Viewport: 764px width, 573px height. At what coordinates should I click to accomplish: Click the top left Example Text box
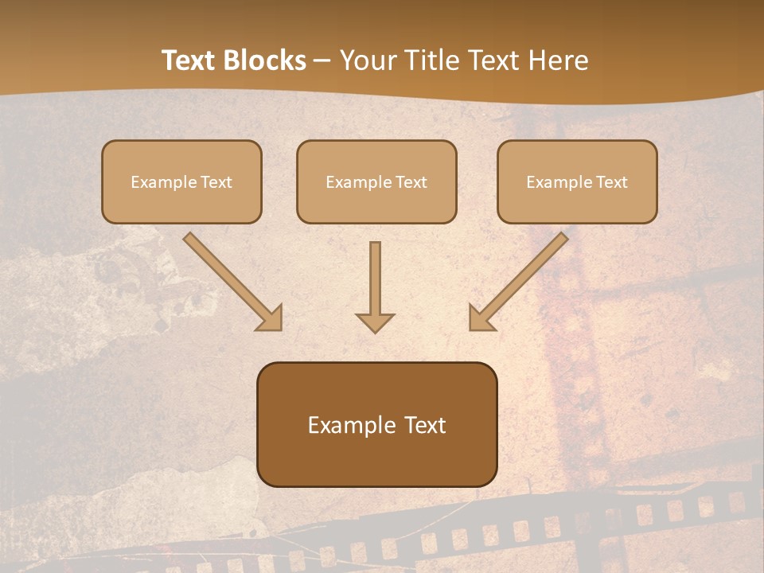tap(181, 181)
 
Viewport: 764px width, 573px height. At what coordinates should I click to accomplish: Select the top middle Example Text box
tap(376, 181)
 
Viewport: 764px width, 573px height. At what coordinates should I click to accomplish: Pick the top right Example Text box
tap(577, 181)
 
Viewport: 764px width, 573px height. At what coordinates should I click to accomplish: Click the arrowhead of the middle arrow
tap(375, 322)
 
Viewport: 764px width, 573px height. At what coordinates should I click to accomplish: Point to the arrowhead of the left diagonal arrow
tap(271, 318)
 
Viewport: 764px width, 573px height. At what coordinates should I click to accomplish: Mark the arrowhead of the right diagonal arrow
tap(481, 318)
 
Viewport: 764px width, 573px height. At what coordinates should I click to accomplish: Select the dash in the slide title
tap(322, 60)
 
